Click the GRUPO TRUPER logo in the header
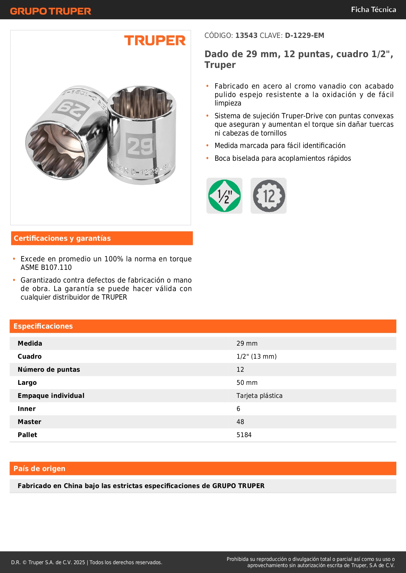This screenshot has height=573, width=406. (51, 11)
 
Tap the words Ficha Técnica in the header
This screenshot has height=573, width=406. (373, 10)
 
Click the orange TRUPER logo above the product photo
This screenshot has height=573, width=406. (155, 41)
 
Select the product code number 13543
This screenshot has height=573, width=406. (246, 36)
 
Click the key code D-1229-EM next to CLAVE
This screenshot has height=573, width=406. (304, 36)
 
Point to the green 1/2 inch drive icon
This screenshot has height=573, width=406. (224, 196)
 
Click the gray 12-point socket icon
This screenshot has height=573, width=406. (269, 196)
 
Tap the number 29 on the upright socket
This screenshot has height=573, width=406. (140, 146)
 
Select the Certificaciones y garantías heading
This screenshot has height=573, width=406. (62, 238)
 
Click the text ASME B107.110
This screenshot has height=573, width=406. (46, 268)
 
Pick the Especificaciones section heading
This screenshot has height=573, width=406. (43, 326)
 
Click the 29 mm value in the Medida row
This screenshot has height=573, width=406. (247, 344)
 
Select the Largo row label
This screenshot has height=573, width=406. (27, 383)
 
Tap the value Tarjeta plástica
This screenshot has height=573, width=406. (259, 396)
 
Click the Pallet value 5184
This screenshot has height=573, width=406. (244, 435)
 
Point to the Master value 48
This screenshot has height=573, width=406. (240, 422)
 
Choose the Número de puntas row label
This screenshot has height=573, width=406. (49, 370)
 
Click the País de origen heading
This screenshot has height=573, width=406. (39, 469)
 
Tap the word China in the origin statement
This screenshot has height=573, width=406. (73, 486)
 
